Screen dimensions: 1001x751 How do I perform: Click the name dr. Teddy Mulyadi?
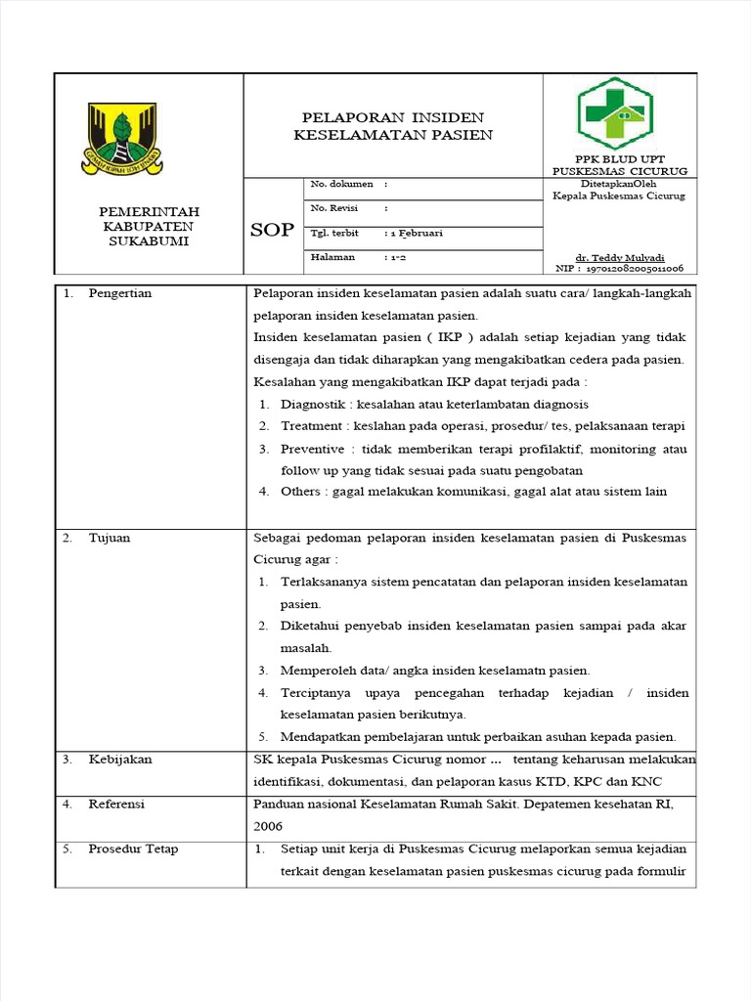pyautogui.click(x=619, y=257)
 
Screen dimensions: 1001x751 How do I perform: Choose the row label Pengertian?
pyautogui.click(x=119, y=293)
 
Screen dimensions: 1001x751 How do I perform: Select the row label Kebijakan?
pyautogui.click(x=119, y=759)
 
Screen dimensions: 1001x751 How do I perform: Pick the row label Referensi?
pyautogui.click(x=116, y=804)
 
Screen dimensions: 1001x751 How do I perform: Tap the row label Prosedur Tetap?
pyautogui.click(x=133, y=849)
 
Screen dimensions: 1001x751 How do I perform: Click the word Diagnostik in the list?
pyautogui.click(x=312, y=404)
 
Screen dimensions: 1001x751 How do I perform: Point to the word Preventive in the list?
pyautogui.click(x=312, y=449)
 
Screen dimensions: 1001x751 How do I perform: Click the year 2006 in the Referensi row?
pyautogui.click(x=269, y=825)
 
